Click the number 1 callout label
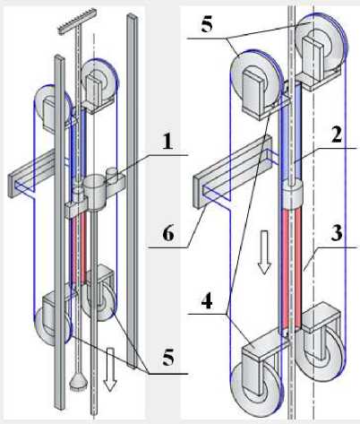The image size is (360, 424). click(x=168, y=142)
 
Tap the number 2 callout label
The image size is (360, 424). click(x=337, y=136)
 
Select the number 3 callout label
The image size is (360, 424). click(x=337, y=233)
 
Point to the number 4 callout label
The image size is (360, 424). click(x=207, y=301)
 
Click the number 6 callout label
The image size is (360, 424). click(x=168, y=233)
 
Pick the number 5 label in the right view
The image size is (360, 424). click(x=207, y=24)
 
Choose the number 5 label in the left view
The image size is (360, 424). click(x=168, y=357)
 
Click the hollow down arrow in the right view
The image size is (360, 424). click(x=264, y=253)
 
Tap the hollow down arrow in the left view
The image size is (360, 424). click(x=110, y=369)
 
